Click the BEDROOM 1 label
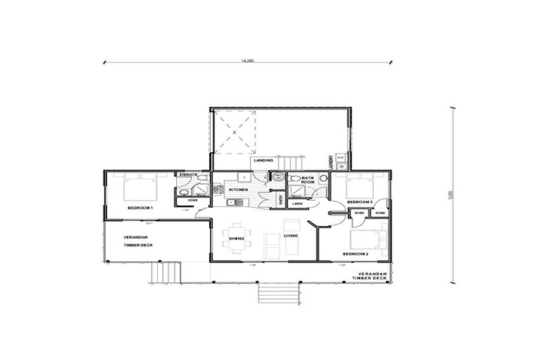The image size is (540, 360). pyautogui.click(x=140, y=208)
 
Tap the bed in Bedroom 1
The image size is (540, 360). pyautogui.click(x=140, y=188)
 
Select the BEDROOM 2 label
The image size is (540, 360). pyautogui.click(x=355, y=253)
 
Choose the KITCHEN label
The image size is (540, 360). pyautogui.click(x=237, y=190)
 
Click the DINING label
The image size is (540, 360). pyautogui.click(x=236, y=238)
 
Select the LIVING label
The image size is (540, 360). pyautogui.click(x=290, y=236)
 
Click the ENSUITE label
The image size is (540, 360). pyautogui.click(x=187, y=174)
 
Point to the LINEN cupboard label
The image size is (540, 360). pyautogui.click(x=297, y=204)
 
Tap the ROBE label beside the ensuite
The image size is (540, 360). pyautogui.click(x=192, y=201)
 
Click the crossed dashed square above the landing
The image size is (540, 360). pyautogui.click(x=235, y=131)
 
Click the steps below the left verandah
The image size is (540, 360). pyautogui.click(x=166, y=271)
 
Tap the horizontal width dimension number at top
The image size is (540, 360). pyautogui.click(x=247, y=61)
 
